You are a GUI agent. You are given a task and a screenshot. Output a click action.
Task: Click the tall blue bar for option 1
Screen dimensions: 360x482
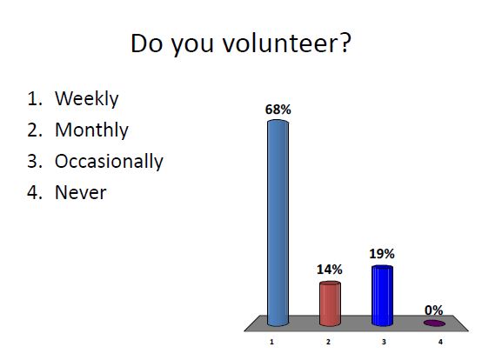pyautogui.click(x=277, y=223)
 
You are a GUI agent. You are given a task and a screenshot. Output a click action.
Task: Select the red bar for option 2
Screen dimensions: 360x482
pyautogui.click(x=330, y=302)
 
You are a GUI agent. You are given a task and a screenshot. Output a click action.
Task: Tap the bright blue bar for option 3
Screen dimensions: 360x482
pyautogui.click(x=382, y=294)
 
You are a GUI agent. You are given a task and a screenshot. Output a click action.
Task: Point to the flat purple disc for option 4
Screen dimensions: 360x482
pyautogui.click(x=433, y=323)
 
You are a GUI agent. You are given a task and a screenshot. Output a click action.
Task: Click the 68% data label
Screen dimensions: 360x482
pyautogui.click(x=278, y=110)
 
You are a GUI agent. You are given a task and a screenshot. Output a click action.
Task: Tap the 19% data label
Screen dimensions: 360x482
pyautogui.click(x=382, y=254)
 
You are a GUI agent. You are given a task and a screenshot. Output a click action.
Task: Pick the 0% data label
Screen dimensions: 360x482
pyautogui.click(x=433, y=310)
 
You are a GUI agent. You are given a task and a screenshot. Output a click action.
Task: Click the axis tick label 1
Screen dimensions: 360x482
pyautogui.click(x=272, y=343)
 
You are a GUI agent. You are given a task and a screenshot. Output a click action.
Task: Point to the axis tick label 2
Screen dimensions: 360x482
pyautogui.click(x=328, y=343)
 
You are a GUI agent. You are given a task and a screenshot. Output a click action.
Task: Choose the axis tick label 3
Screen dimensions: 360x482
pyautogui.click(x=384, y=343)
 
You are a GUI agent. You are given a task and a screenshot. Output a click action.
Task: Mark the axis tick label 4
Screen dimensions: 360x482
pyautogui.click(x=439, y=343)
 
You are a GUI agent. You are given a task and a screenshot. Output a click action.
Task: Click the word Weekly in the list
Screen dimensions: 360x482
pyautogui.click(x=86, y=98)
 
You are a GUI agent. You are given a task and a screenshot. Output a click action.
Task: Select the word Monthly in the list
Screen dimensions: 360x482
pyautogui.click(x=91, y=130)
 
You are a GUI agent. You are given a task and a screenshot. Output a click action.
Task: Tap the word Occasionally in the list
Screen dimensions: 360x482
pyautogui.click(x=109, y=162)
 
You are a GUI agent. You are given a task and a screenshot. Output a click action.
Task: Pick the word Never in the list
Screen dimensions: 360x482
pyautogui.click(x=80, y=192)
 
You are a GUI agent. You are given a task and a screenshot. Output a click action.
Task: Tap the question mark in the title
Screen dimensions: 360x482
pyautogui.click(x=345, y=43)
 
